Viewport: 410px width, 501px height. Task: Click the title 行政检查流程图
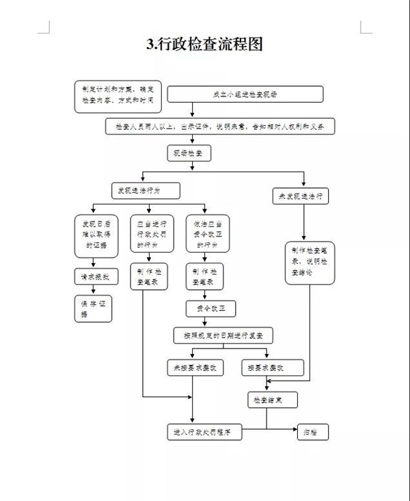204,44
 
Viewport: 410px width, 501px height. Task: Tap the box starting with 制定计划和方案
118,96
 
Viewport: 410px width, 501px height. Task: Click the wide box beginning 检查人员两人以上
220,126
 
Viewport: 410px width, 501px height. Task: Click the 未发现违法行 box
301,196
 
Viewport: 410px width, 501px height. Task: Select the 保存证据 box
92,308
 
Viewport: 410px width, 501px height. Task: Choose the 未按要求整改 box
193,368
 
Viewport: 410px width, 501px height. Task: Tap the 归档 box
312,432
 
